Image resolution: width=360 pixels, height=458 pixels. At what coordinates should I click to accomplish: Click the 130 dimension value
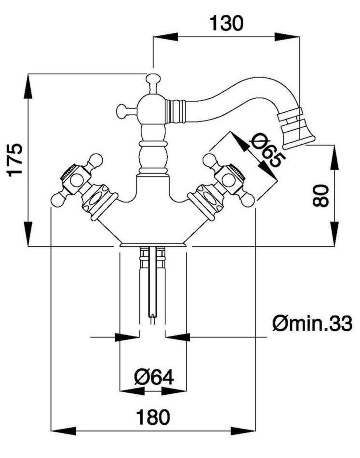tap(226, 23)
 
